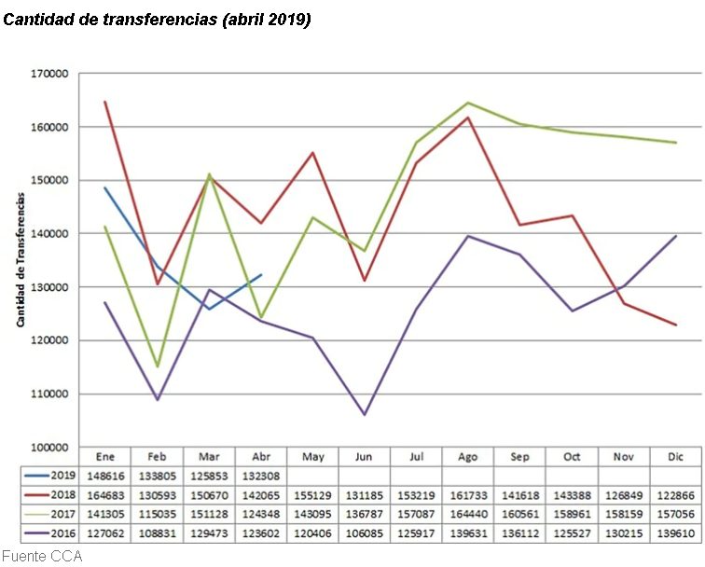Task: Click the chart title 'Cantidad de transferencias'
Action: pos(158,20)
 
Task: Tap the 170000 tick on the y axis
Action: pos(49,73)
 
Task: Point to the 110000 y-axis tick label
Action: pos(49,394)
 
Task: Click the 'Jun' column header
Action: pos(365,456)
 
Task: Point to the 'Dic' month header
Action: pos(675,456)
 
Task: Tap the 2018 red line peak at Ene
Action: pos(105,102)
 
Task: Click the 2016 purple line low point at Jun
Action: pos(365,414)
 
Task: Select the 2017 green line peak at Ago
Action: pos(468,103)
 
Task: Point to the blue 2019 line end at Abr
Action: pos(261,275)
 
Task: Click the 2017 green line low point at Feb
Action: pos(158,366)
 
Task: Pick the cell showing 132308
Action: pos(261,474)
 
